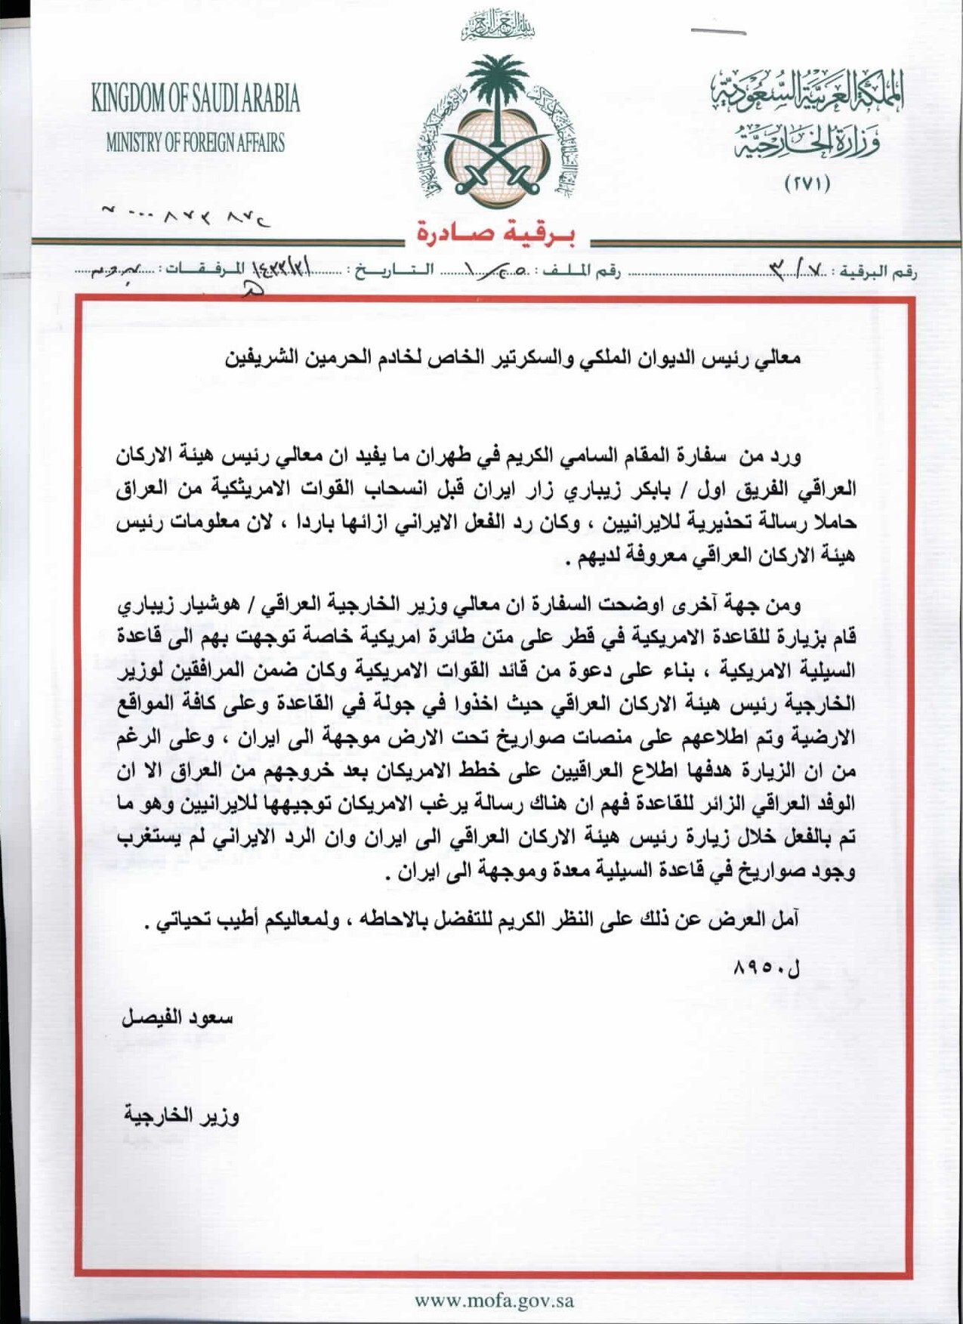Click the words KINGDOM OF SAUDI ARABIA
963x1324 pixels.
196,99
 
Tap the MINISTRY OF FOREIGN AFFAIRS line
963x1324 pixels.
196,142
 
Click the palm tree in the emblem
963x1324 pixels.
496,91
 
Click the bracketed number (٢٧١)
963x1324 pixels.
807,184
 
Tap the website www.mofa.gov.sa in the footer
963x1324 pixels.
494,1301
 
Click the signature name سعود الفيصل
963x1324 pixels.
177,1018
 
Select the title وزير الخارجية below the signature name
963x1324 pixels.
182,1116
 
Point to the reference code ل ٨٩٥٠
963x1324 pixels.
766,968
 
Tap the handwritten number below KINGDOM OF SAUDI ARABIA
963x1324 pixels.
186,218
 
